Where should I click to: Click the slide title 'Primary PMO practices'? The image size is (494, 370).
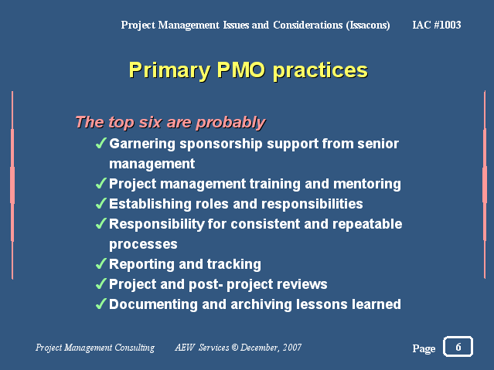[x=248, y=70]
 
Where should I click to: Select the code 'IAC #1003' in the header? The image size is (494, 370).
[x=437, y=25]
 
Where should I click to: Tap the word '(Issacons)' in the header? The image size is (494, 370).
[x=368, y=25]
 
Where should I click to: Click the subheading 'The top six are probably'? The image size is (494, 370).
[x=170, y=122]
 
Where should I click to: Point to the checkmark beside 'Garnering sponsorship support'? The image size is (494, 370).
[x=101, y=143]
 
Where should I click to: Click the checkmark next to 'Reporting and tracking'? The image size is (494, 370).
[x=101, y=263]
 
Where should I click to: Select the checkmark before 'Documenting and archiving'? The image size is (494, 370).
[x=101, y=304]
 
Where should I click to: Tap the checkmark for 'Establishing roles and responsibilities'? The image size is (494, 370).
[x=101, y=203]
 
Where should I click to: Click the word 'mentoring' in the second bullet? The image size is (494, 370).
[x=367, y=184]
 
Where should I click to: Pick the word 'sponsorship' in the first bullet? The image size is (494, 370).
[x=221, y=144]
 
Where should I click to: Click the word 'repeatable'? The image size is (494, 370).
[x=367, y=224]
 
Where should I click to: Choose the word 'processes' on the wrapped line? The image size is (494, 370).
[x=143, y=245]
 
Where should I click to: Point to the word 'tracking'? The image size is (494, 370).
[x=234, y=264]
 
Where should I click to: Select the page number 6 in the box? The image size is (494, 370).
[x=458, y=347]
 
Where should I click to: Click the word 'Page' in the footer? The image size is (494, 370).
[x=424, y=348]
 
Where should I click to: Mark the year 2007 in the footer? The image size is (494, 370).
[x=292, y=348]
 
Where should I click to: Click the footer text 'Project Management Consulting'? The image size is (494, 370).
[x=95, y=348]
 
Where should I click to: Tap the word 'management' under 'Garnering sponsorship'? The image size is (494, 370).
[x=152, y=165]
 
